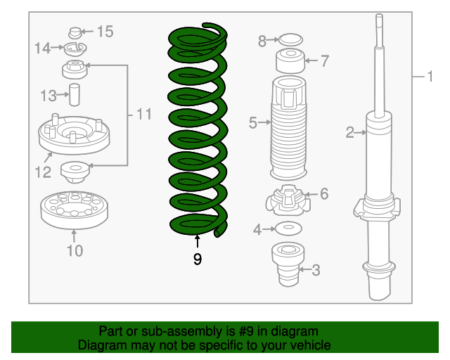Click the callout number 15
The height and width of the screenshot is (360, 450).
(105, 32)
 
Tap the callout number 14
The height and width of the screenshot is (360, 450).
(42, 48)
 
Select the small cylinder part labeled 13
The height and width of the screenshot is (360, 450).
(75, 95)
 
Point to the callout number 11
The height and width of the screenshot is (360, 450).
(143, 115)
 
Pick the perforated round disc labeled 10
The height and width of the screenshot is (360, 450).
(75, 210)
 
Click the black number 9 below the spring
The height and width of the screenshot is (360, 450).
(198, 259)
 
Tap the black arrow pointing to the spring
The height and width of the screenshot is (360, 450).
(198, 241)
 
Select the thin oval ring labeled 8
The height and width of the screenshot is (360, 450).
(290, 39)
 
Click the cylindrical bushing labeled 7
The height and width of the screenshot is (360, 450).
(290, 61)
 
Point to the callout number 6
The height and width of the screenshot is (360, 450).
(324, 194)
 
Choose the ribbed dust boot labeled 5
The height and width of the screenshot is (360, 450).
(288, 129)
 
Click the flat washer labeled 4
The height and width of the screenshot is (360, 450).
(288, 229)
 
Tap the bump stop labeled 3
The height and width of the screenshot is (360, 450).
(288, 264)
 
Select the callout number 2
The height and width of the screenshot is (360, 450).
(350, 132)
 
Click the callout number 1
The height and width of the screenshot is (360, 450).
(430, 77)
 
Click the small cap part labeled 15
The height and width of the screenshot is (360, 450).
(75, 33)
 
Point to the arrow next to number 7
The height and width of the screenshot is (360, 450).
(311, 60)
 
